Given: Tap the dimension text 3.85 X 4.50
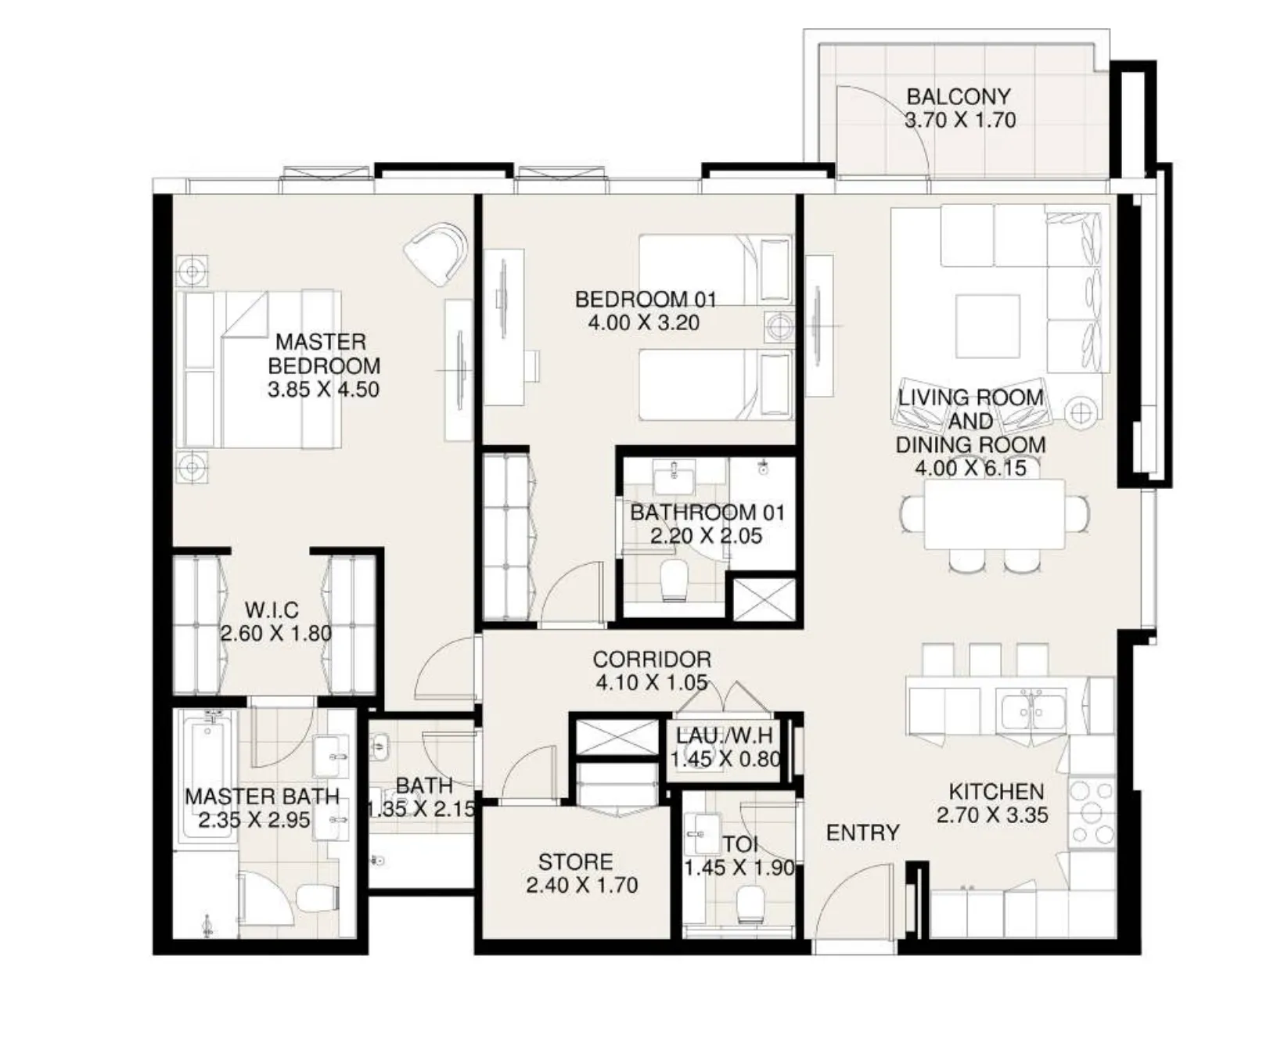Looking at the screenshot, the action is point(323,390).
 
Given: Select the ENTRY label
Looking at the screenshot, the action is point(862,832).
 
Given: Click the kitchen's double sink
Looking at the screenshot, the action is point(1031,709).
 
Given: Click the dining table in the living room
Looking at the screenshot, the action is point(994,515).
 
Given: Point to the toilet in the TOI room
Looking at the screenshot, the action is point(751,903).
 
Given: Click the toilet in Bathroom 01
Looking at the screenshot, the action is point(673,580).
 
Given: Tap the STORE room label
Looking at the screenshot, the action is point(575,861).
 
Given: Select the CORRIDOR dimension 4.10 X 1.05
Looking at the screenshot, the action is point(651,682).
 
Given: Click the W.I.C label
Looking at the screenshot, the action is point(272,609).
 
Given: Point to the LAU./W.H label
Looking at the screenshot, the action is point(725,735).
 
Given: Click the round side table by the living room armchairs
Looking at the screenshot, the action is point(1081,412).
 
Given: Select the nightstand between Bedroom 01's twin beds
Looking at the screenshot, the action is point(779,326).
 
